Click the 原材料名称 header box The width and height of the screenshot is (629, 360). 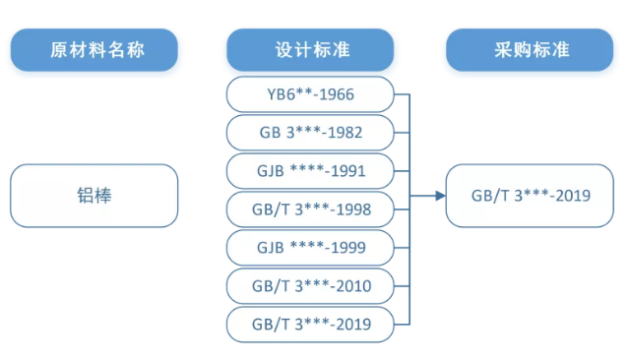click(94, 49)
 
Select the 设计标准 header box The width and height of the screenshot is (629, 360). click(310, 49)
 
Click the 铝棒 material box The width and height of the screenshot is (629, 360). click(94, 195)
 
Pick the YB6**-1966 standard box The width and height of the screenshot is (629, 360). click(310, 94)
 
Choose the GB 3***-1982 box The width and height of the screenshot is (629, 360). click(310, 132)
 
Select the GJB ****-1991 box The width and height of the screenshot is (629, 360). click(310, 170)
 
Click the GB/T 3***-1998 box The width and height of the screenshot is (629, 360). click(310, 209)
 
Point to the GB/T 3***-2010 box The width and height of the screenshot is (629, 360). click(310, 284)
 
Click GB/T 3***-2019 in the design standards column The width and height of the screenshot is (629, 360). click(310, 322)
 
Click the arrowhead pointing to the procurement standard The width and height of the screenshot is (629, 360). click(439, 196)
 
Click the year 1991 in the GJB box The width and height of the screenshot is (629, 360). click(347, 170)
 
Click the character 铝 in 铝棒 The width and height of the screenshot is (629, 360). click(85, 195)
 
